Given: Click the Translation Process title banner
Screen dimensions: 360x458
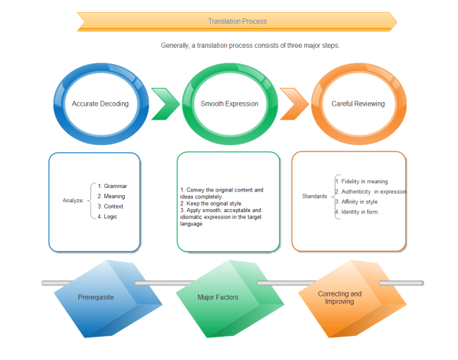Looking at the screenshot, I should coord(237,21).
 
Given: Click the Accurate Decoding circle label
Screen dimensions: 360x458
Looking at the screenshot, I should coord(100,104).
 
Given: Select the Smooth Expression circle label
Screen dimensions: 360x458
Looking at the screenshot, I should coord(229,104).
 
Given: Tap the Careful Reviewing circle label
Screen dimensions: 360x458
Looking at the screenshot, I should coord(358,104).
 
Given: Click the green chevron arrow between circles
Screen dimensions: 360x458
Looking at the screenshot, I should coord(164,104).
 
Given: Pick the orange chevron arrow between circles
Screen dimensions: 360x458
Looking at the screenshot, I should coord(293,104).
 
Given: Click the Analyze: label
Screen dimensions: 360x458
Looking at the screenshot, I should coord(73,201).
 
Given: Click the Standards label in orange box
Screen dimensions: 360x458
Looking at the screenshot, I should coord(314,196).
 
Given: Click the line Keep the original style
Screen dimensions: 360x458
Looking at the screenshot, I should coord(211,203).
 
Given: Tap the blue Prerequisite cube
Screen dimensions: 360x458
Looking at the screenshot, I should coord(96,297).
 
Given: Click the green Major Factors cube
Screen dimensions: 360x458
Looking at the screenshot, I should coord(218,297).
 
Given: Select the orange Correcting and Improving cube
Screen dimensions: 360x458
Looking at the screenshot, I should coord(340,297).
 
